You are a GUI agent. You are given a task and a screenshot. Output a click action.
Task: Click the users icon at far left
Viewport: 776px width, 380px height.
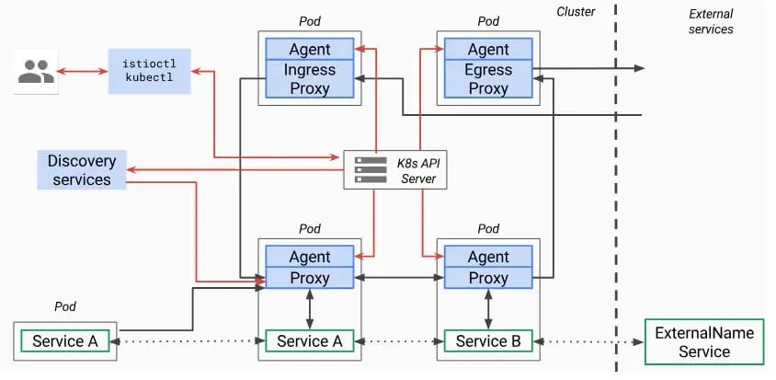(36, 72)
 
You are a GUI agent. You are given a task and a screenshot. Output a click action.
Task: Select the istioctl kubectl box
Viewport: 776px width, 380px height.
(150, 72)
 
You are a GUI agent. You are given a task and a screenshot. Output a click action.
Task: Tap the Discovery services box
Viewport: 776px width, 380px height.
(82, 170)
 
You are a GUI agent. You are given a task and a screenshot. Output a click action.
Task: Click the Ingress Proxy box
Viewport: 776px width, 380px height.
(310, 79)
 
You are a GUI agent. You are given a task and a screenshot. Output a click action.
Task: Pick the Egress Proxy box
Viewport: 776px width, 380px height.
(488, 79)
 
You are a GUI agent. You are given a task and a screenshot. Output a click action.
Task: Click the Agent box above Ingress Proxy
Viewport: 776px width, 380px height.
(310, 50)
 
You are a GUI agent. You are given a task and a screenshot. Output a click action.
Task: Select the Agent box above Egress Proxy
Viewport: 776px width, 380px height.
(488, 50)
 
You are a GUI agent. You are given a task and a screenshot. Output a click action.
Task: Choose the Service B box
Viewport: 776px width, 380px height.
(488, 340)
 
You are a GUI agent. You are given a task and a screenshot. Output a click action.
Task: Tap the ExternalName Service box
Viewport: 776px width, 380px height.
(704, 342)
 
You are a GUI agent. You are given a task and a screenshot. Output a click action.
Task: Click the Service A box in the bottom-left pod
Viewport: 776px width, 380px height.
(65, 340)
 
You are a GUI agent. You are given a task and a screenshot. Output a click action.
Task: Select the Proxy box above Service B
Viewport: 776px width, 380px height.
(488, 278)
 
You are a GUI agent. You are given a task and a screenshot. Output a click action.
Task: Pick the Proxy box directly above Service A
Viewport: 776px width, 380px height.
(310, 278)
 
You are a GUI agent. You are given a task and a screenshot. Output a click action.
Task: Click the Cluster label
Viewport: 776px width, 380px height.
(576, 12)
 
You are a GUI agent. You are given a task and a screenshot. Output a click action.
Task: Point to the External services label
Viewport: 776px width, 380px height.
(711, 21)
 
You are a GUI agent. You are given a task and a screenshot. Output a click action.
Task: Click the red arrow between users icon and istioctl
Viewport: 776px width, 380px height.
(83, 72)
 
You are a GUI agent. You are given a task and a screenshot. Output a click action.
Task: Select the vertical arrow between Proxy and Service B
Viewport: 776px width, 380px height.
(488, 310)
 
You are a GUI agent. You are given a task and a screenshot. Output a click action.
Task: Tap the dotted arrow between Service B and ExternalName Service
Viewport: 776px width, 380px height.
(589, 341)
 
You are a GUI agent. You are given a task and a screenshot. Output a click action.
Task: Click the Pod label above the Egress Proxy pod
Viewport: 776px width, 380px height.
(488, 21)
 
